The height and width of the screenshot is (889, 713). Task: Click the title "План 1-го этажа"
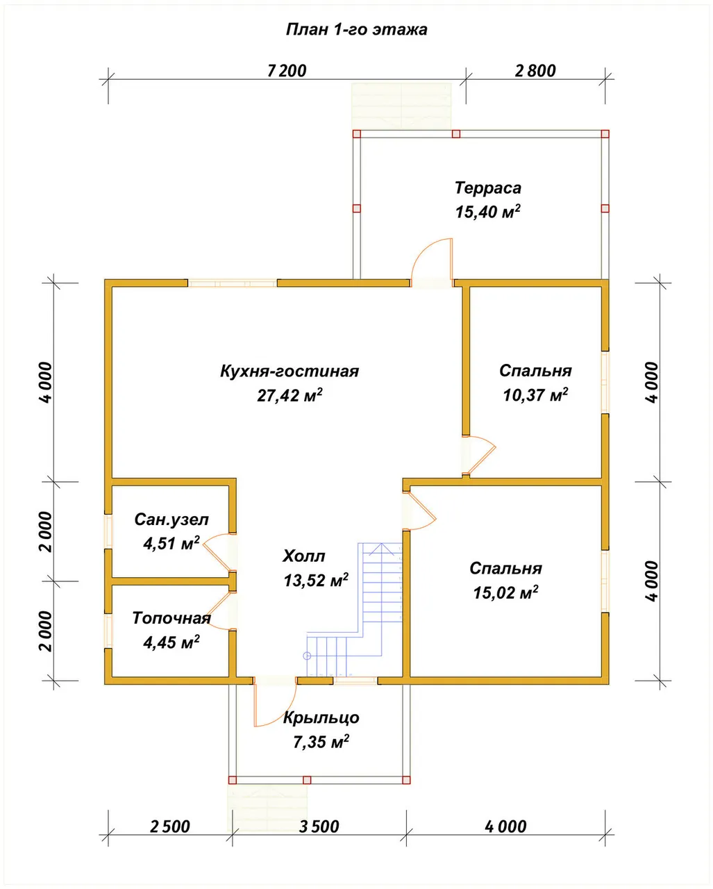[x=357, y=30]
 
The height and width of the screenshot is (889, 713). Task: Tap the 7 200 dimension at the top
[x=287, y=71]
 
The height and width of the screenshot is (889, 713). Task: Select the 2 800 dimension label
[x=535, y=71]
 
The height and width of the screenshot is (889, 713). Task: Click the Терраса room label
[x=488, y=188]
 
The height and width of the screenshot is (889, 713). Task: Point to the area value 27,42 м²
[x=290, y=395]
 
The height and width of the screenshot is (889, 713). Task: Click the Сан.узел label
[x=171, y=520]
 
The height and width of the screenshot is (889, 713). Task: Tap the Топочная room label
[x=171, y=618]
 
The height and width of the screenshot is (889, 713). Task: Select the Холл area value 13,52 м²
[x=316, y=580]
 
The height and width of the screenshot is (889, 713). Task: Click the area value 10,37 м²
[x=535, y=395]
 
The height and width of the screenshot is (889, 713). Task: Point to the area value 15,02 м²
[x=505, y=592]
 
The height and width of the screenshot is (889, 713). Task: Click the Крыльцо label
[x=321, y=717]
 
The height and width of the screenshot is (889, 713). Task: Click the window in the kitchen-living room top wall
[x=233, y=283]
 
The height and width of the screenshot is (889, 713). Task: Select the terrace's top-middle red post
[x=455, y=134]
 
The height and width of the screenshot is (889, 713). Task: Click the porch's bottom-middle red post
[x=307, y=780]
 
